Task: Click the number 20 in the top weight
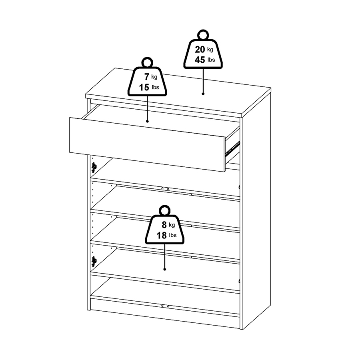pos(200,49)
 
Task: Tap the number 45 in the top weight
pos(200,60)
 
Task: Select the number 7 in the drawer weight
pos(147,77)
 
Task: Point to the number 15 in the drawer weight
pos(144,87)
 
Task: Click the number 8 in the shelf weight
pos(164,225)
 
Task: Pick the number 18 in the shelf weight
pos(162,235)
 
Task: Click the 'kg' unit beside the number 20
pos(210,49)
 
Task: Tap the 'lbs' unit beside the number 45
pos(211,60)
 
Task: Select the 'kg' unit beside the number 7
pos(154,77)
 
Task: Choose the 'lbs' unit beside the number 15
pos(156,87)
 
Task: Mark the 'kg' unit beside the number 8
pos(172,225)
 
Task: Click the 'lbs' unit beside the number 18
pos(173,235)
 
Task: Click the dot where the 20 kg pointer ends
pos(203,94)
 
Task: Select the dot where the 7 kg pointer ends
pos(147,121)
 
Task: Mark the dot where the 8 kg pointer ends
pos(165,269)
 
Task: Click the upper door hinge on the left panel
pos(94,167)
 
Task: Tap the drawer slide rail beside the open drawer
pos(232,148)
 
